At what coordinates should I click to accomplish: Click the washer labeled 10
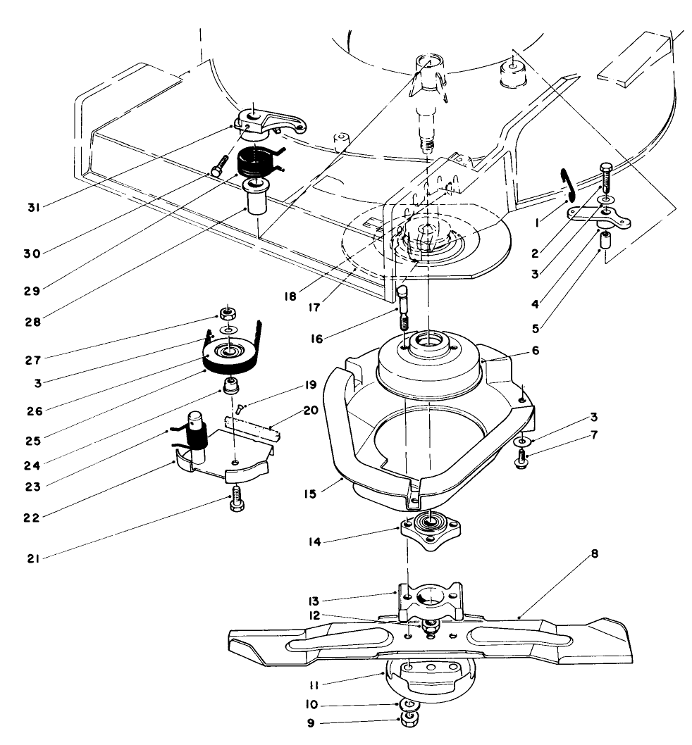pos(407,704)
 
